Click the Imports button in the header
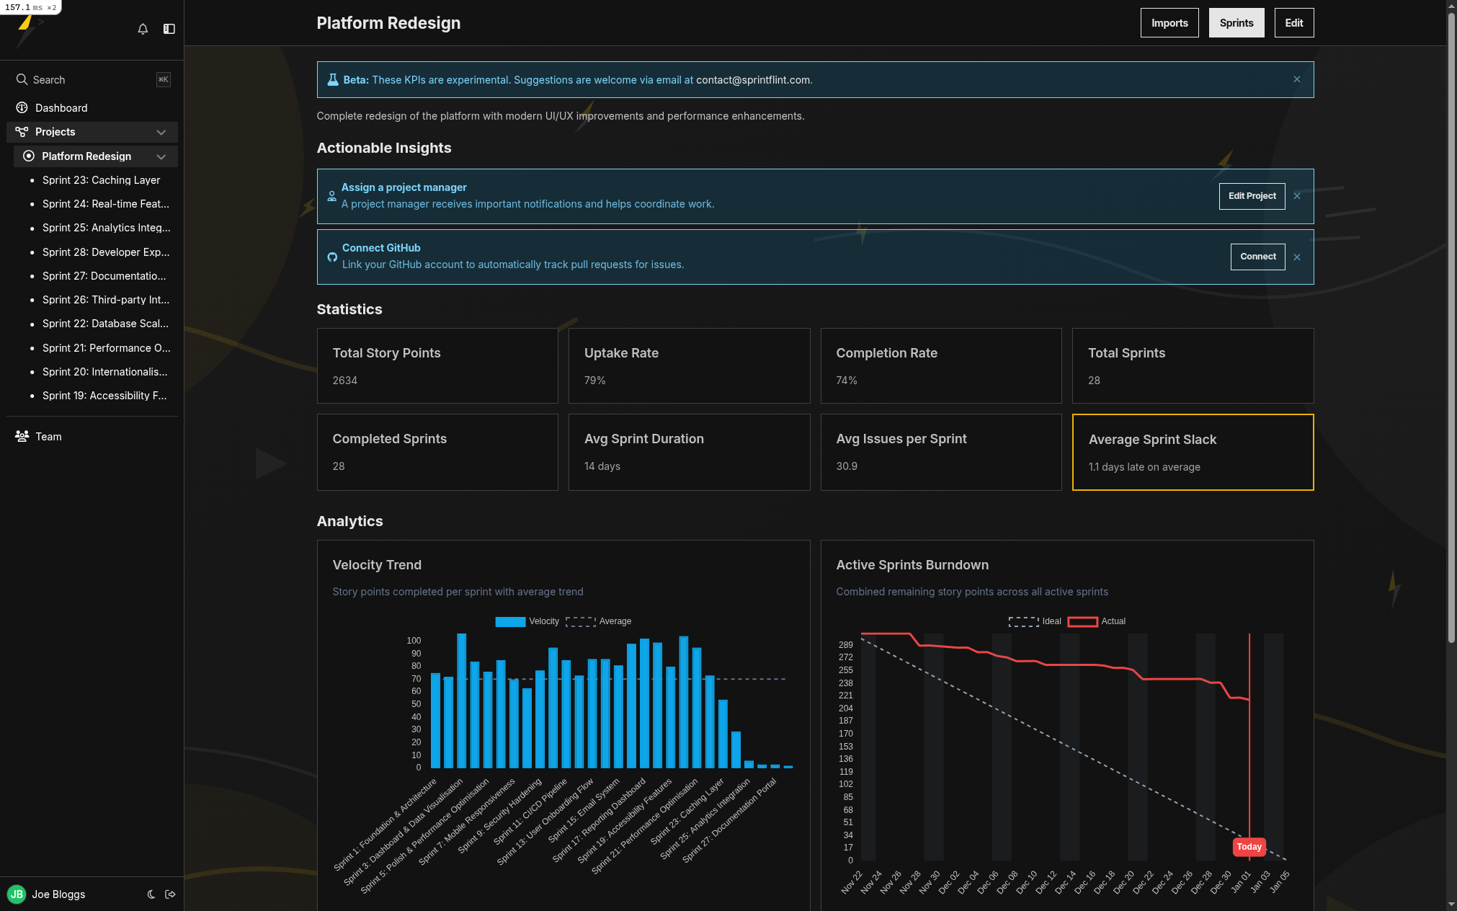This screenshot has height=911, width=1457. (x=1169, y=23)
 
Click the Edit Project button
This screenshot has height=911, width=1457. (x=1251, y=196)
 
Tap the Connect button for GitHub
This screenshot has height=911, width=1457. (x=1257, y=257)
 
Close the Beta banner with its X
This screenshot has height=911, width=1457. (x=1296, y=79)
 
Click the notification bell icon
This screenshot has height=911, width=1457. (x=143, y=29)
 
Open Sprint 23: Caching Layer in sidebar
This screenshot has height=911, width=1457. (x=101, y=180)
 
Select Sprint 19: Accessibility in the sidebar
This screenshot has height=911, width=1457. (x=104, y=396)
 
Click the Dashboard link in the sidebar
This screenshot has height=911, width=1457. (x=61, y=108)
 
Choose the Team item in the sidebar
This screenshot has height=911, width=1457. (x=48, y=437)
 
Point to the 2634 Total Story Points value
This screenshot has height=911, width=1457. (x=344, y=381)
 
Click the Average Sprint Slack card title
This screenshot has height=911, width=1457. (x=1151, y=440)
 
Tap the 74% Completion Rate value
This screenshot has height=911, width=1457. (x=846, y=381)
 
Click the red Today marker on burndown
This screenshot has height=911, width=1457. (x=1248, y=847)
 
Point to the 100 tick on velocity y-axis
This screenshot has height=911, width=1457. (x=414, y=641)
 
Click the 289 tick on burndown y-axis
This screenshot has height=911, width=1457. (x=845, y=645)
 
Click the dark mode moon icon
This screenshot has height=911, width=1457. (x=151, y=894)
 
